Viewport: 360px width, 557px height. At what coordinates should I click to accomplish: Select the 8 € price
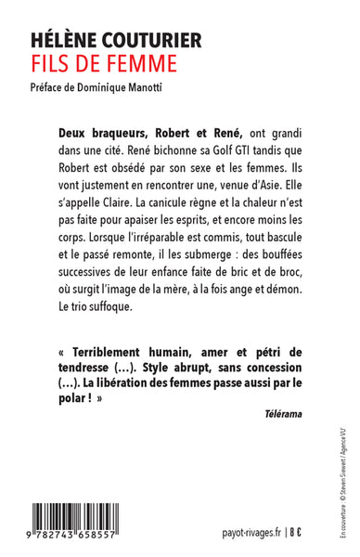pyautogui.click(x=279, y=534)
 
